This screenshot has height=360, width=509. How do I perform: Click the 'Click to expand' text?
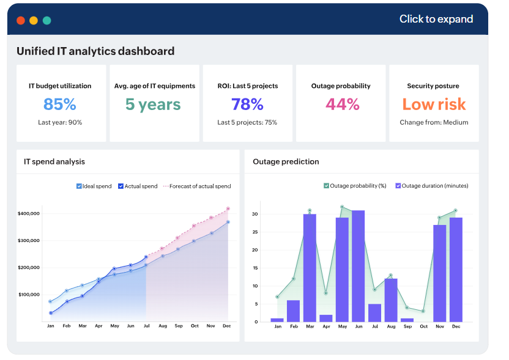tap(436, 19)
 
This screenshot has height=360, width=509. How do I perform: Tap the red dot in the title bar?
tap(21, 20)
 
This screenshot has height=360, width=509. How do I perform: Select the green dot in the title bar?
tap(46, 20)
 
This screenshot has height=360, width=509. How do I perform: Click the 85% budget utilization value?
tap(60, 105)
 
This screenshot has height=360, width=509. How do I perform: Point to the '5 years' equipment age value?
tap(153, 105)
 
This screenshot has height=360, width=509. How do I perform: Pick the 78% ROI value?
tap(247, 105)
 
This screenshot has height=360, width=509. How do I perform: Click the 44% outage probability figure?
tap(342, 105)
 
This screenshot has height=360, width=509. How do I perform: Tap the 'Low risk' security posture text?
tap(434, 105)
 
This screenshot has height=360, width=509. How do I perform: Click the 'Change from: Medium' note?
tap(434, 122)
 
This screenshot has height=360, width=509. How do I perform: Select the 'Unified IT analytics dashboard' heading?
tap(95, 51)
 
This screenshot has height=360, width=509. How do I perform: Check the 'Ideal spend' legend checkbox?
tap(79, 186)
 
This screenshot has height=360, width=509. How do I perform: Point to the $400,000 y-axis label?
tap(29, 213)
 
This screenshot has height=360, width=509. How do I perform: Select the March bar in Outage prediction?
tap(310, 268)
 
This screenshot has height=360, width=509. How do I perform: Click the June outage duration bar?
tap(358, 266)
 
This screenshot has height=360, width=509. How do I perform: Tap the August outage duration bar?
tap(390, 300)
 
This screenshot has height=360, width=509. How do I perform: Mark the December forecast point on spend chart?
tap(228, 208)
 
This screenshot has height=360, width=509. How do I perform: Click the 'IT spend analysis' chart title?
tap(54, 162)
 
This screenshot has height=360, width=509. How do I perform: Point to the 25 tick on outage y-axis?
tap(257, 232)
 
